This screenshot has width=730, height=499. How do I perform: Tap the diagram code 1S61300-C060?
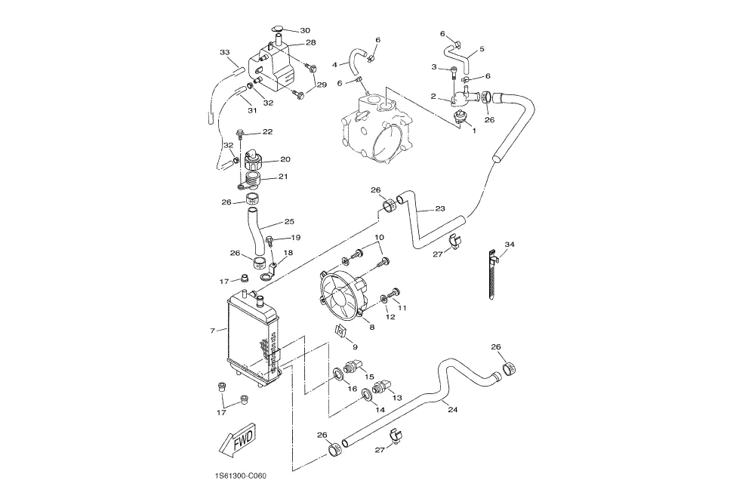[240, 476]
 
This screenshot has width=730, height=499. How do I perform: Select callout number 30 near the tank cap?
[305, 31]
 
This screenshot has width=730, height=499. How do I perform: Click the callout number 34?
[510, 245]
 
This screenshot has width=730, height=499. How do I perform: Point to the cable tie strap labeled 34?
[491, 275]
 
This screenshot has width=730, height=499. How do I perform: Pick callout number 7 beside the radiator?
[212, 331]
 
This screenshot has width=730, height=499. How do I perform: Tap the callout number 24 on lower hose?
[452, 410]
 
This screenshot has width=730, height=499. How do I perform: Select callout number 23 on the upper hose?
[440, 209]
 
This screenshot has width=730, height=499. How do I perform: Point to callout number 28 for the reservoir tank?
[310, 42]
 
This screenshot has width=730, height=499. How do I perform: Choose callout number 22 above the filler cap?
[267, 131]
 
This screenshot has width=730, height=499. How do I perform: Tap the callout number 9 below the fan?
[355, 347]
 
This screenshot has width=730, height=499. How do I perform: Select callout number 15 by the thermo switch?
[369, 377]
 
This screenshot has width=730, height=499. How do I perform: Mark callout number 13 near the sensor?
[397, 398]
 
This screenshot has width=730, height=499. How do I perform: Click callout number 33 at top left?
[225, 52]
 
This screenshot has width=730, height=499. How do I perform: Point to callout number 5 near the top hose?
[482, 48]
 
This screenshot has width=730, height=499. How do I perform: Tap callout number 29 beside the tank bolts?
[322, 85]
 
